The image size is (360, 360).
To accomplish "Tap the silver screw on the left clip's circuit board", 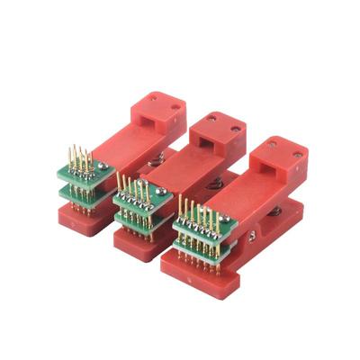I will (104, 168).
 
